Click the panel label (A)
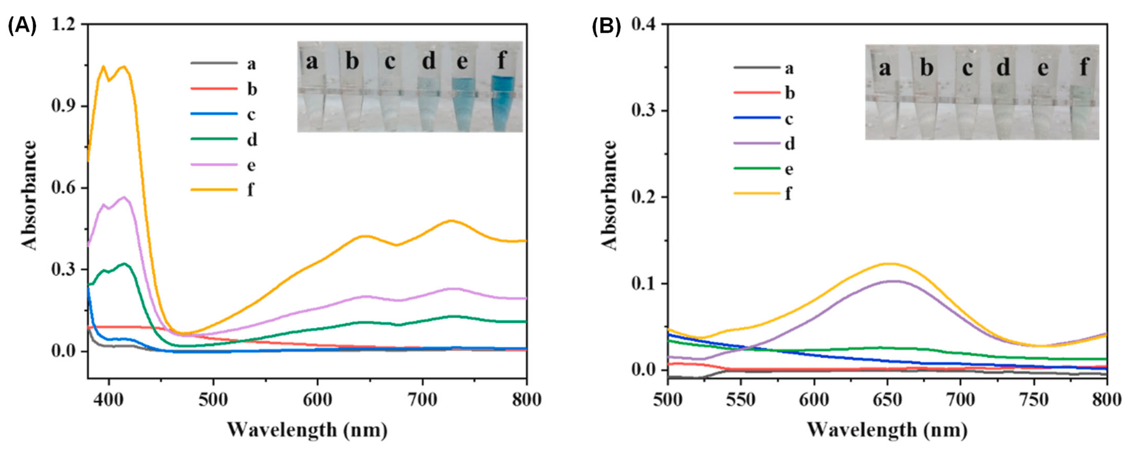(22, 26)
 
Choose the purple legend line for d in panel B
(756, 143)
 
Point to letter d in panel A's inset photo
(428, 61)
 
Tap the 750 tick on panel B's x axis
(1034, 400)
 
